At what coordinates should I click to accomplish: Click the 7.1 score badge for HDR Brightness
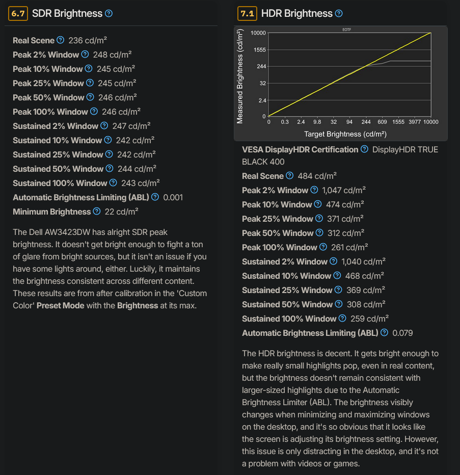(x=247, y=14)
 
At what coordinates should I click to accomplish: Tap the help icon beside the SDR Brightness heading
(x=109, y=14)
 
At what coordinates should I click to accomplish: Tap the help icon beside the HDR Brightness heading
(x=339, y=14)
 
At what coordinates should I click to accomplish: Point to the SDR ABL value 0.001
(x=173, y=197)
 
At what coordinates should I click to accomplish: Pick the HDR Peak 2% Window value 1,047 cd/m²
(x=344, y=190)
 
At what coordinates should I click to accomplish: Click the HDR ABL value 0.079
(x=402, y=333)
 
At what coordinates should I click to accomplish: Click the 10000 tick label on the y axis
(x=258, y=33)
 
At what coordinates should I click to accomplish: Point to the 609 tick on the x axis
(x=383, y=122)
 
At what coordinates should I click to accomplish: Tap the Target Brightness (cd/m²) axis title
(x=345, y=134)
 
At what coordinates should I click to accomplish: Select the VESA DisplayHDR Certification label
(x=300, y=149)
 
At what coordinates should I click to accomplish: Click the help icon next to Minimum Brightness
(x=95, y=212)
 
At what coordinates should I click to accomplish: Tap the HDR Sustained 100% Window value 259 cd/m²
(x=370, y=319)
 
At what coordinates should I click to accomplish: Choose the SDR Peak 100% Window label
(x=50, y=112)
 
